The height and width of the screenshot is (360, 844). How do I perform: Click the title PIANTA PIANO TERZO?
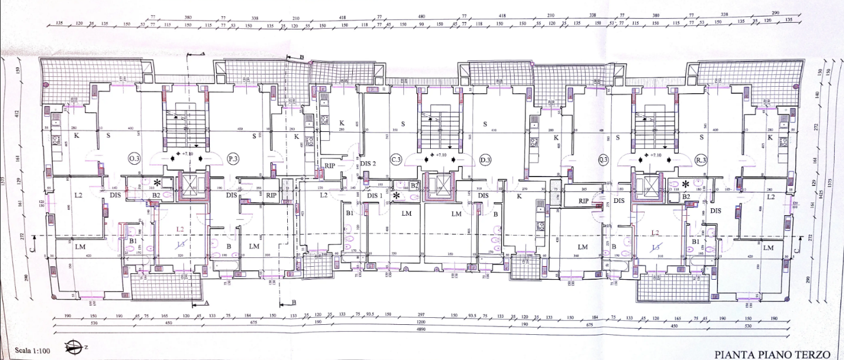click(771, 354)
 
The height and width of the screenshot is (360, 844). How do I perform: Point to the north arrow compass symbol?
click(74, 348)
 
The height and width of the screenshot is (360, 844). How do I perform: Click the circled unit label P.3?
click(233, 159)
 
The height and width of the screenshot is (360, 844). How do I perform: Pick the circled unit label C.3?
click(396, 159)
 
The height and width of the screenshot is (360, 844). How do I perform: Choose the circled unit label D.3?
click(484, 159)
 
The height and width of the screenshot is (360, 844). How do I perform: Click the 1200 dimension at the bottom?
click(421, 322)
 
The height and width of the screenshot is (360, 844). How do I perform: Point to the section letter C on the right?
click(795, 251)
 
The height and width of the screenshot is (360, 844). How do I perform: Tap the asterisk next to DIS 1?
click(397, 195)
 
